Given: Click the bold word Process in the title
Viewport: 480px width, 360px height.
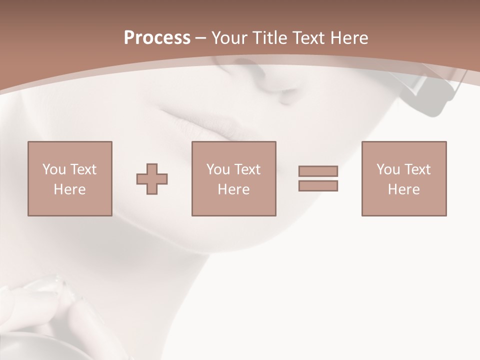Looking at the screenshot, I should [157, 38].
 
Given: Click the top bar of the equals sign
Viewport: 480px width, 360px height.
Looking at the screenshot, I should [318, 171].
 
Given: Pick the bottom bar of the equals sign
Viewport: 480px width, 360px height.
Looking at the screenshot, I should [318, 186].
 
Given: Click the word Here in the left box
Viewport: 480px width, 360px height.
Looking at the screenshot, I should [69, 189].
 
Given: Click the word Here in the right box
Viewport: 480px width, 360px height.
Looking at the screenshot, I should [403, 189].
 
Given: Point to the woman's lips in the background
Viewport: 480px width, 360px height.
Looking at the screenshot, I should [200, 122].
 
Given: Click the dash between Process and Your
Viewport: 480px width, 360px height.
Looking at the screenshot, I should [201, 38].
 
